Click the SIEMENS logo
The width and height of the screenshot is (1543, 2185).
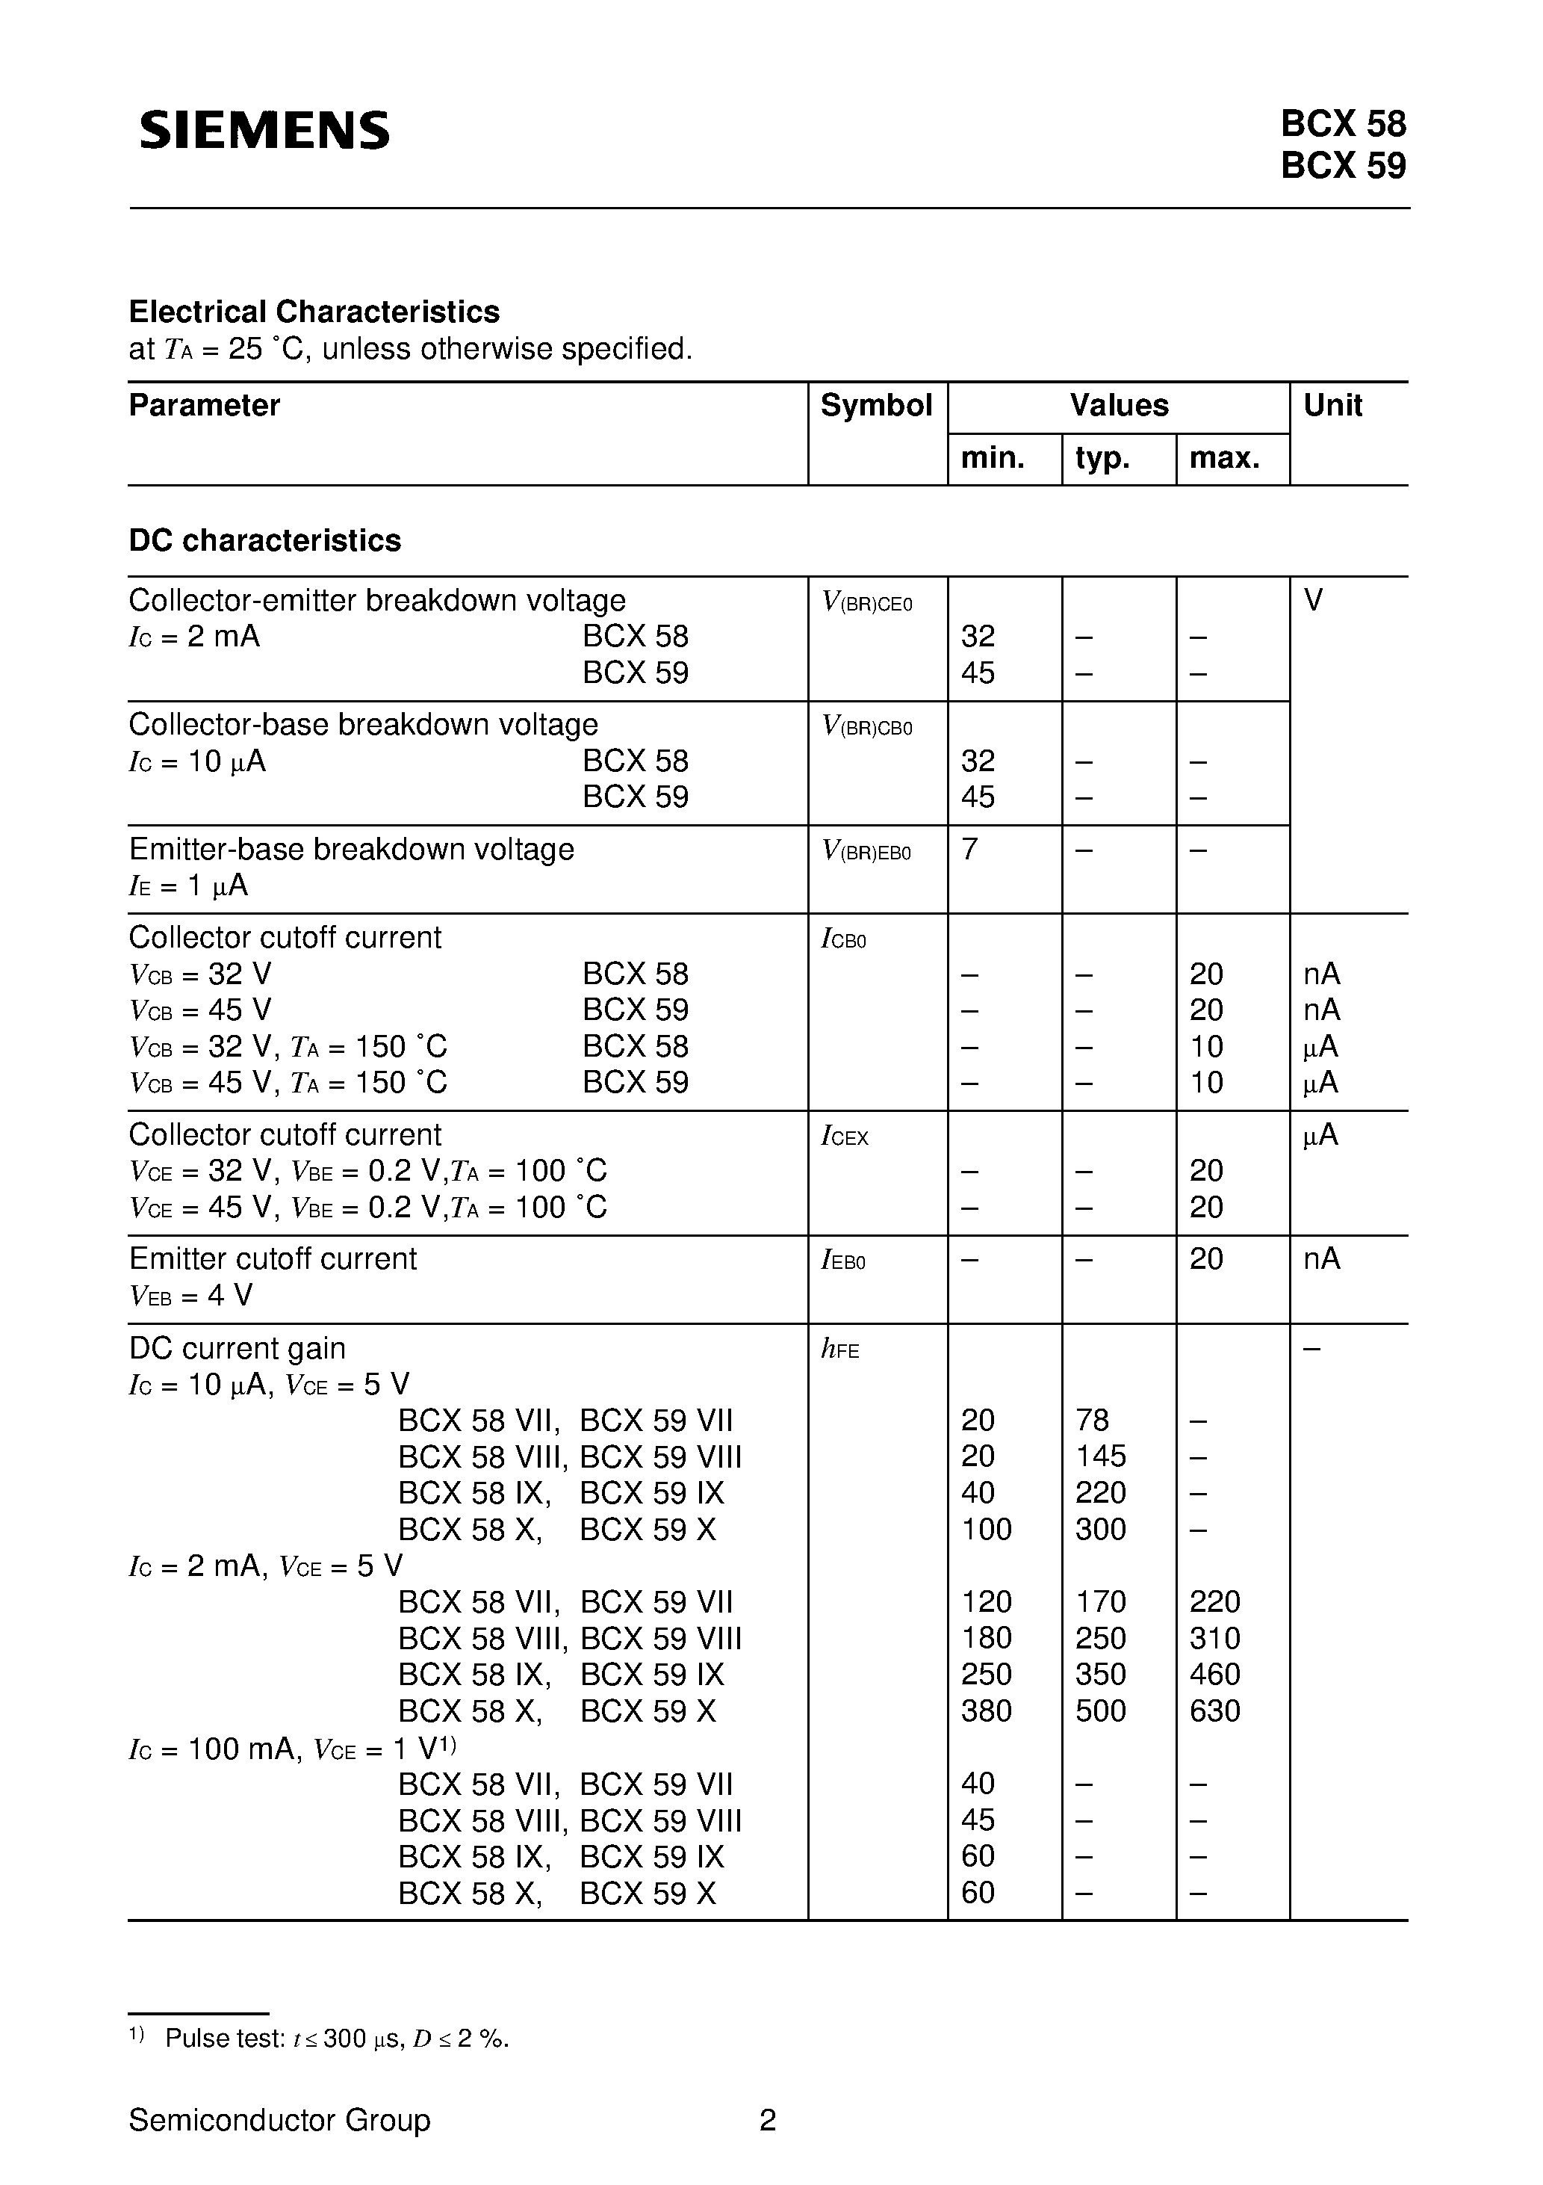click(264, 129)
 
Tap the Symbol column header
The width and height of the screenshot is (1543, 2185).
click(876, 406)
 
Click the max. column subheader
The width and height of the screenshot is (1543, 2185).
click(1224, 458)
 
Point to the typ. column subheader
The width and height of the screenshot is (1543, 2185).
click(1102, 458)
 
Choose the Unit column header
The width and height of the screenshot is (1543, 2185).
click(1333, 406)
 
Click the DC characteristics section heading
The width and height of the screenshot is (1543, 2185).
click(264, 540)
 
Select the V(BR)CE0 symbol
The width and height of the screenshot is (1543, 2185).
click(866, 602)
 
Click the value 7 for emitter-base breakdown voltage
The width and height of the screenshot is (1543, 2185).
click(969, 849)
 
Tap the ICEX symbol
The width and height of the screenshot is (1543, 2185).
click(845, 1137)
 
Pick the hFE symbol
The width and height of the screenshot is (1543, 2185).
click(840, 1350)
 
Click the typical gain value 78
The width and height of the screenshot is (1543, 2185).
click(1092, 1421)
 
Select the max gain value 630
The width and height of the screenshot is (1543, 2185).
click(1215, 1711)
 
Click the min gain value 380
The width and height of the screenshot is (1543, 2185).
click(987, 1711)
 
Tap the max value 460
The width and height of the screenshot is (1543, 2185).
click(1215, 1675)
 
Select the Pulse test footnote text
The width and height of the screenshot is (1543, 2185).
click(337, 2039)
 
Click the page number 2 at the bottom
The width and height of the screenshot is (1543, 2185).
click(768, 2120)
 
